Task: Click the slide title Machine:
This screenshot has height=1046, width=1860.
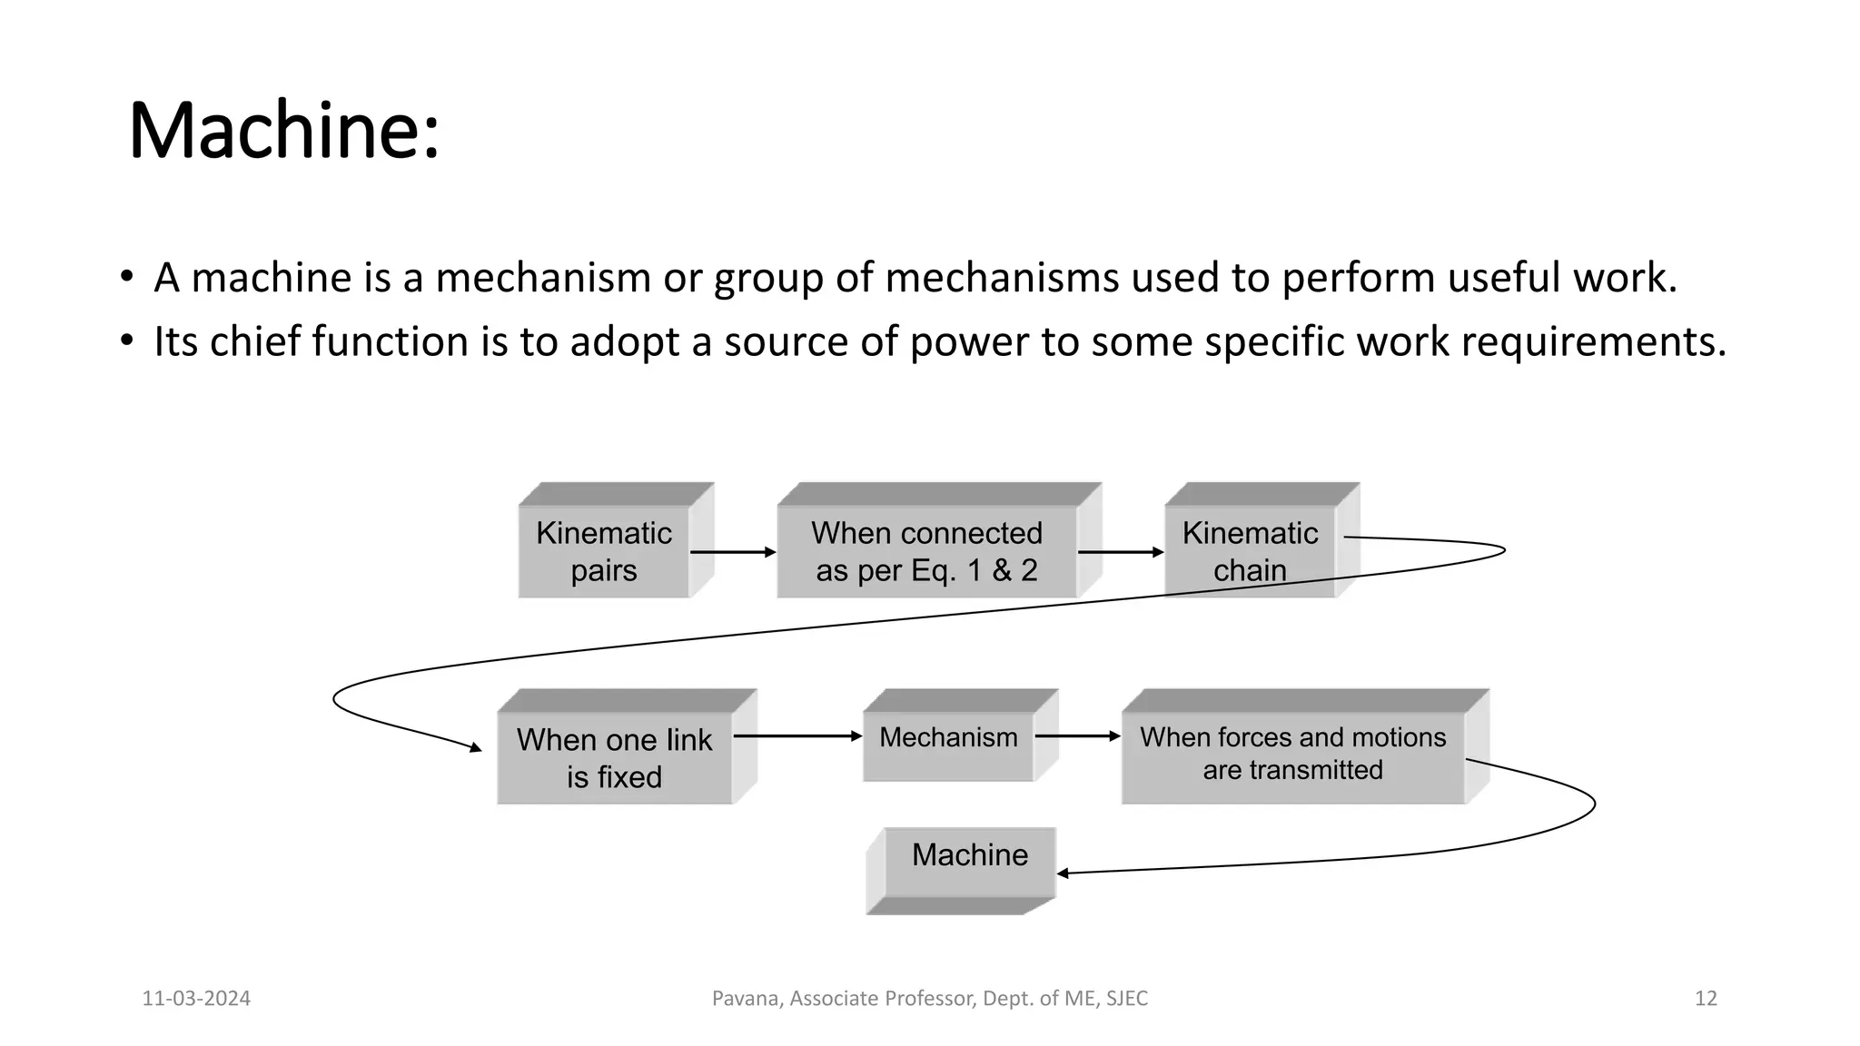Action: tap(284, 132)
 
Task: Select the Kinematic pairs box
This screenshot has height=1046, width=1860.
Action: tap(604, 551)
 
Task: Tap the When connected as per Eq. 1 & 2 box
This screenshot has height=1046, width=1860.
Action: tap(926, 551)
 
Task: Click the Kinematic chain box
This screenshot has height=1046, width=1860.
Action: tap(1250, 551)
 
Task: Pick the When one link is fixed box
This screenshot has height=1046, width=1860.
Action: tap(615, 757)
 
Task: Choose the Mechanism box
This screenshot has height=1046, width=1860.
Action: tap(948, 737)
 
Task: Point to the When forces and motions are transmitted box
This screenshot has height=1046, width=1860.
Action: tap(1292, 754)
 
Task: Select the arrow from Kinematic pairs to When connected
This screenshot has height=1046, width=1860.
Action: tap(732, 552)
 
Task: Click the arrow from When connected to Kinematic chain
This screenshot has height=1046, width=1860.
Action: tap(1120, 552)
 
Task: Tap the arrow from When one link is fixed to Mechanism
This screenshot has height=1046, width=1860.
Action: tap(796, 736)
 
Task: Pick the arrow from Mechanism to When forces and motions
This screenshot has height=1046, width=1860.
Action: tap(1078, 736)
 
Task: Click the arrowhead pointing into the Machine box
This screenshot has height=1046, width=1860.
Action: tap(1063, 873)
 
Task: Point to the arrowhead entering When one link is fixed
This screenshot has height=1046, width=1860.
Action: tap(475, 747)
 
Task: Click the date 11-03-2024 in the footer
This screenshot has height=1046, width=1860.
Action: tap(196, 999)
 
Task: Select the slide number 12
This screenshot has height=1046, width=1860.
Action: tap(1706, 999)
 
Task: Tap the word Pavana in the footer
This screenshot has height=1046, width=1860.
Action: tap(745, 999)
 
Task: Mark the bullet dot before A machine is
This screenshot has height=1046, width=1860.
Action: tap(126, 276)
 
